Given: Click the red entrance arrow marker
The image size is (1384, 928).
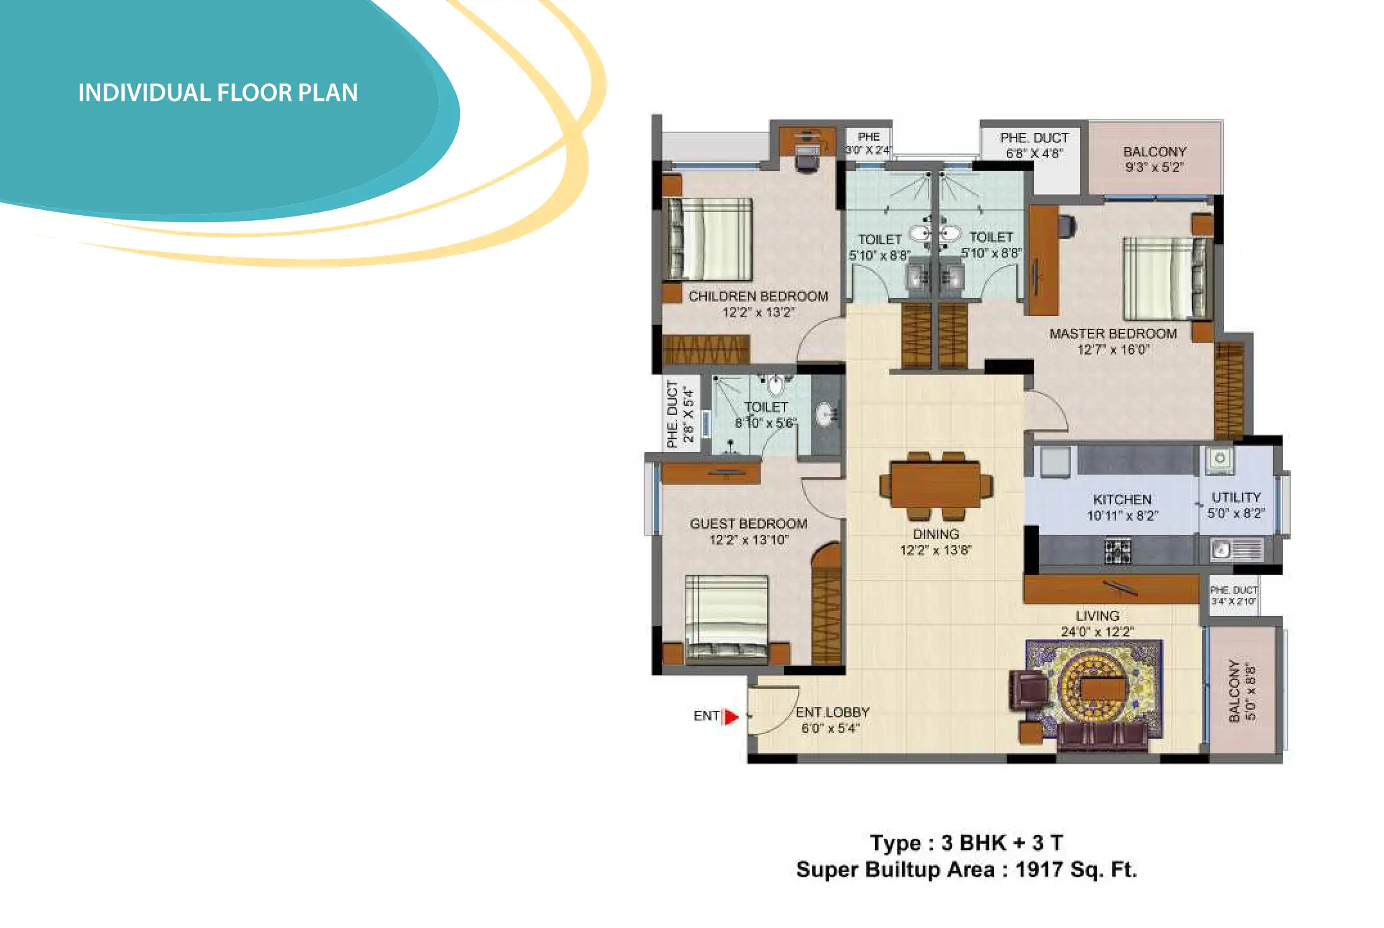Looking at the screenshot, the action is [x=731, y=716].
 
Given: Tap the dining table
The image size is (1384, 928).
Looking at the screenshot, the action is [x=936, y=486].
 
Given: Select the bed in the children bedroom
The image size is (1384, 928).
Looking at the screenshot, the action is [x=709, y=239].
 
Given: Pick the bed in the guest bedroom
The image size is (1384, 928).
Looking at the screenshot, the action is [x=726, y=618].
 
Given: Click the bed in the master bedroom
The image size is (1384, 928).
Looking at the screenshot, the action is [x=1167, y=278].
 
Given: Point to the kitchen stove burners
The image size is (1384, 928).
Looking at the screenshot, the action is [x=1117, y=551].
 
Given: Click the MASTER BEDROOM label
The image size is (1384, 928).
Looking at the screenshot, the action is [x=1113, y=334].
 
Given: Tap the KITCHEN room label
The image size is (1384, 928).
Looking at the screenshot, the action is [x=1122, y=500].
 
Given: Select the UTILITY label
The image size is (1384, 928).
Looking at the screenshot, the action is [x=1236, y=498].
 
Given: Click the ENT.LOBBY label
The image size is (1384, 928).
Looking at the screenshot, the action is [x=833, y=712].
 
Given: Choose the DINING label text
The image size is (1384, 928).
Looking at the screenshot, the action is [x=936, y=534].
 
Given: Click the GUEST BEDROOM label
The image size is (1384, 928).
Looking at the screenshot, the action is [x=749, y=524].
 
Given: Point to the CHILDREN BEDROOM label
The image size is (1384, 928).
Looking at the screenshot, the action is [x=758, y=297].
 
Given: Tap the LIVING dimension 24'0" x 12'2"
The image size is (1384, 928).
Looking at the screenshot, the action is [x=1097, y=632].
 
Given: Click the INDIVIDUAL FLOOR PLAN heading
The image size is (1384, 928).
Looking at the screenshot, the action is [x=218, y=93].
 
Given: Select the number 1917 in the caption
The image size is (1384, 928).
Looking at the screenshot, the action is [x=1039, y=870].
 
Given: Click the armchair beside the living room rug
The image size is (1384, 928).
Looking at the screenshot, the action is [x=1028, y=690].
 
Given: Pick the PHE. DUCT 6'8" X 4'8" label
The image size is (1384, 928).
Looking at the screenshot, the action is [x=1034, y=146].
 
